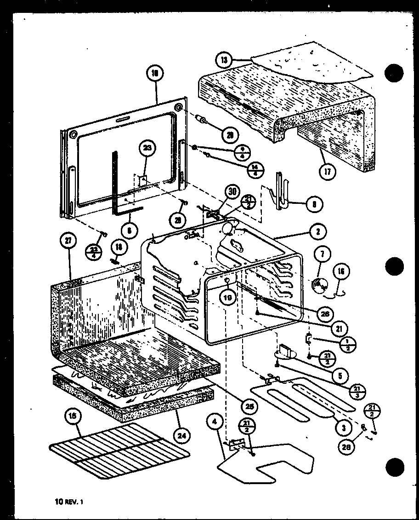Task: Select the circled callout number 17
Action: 328,172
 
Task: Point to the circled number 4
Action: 214,421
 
